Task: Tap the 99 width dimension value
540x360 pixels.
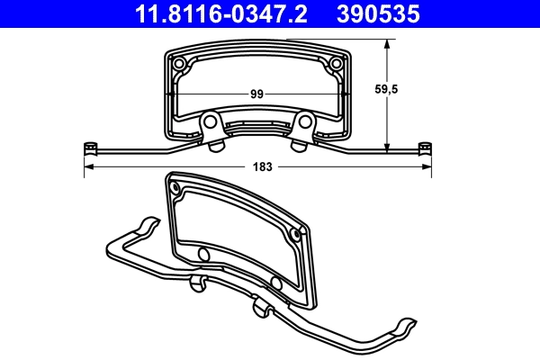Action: click(256, 94)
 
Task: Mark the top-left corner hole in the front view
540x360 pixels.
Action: click(179, 64)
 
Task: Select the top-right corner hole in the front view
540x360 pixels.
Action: click(337, 64)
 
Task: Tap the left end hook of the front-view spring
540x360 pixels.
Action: click(89, 147)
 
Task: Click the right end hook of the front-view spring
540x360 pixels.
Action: click(426, 147)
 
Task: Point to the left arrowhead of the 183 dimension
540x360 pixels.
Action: click(87, 167)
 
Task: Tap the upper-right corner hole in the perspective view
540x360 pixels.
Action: click(296, 232)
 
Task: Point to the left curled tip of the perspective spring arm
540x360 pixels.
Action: click(143, 222)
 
